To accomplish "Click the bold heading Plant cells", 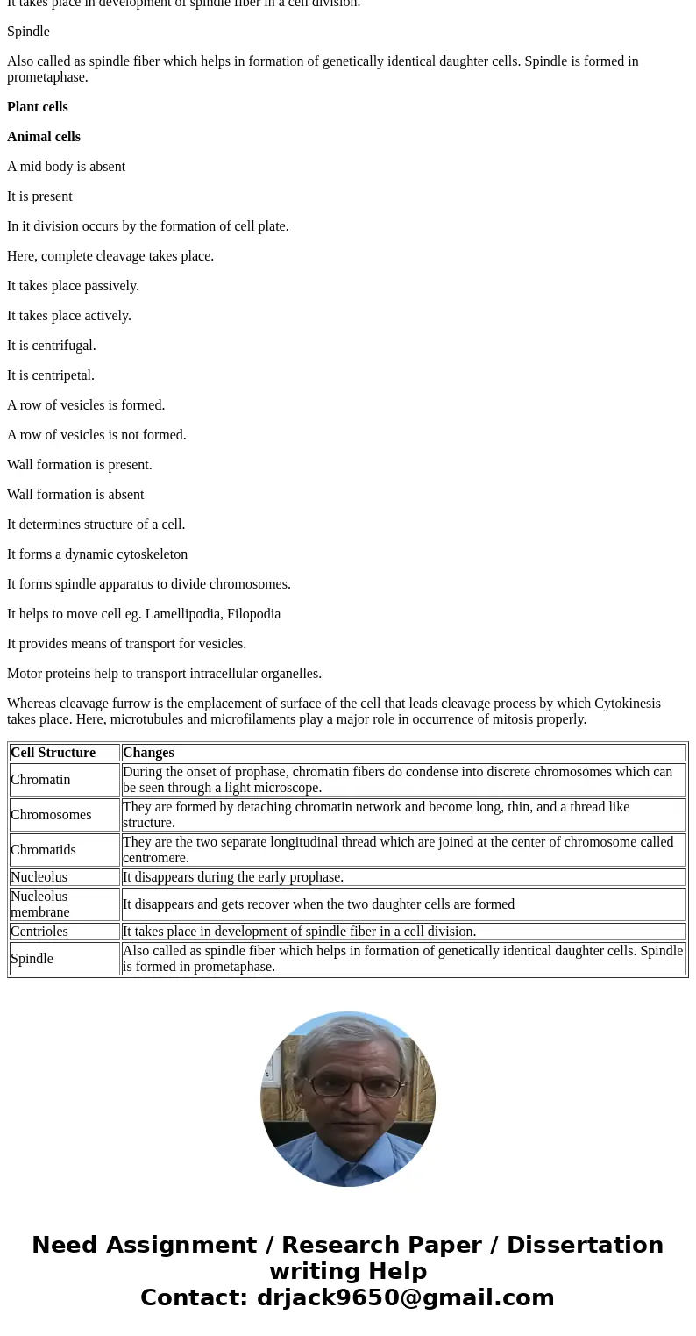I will [x=38, y=107].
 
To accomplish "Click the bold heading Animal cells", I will [x=44, y=137].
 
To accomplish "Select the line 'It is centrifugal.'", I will [x=52, y=346].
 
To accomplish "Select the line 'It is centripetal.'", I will [x=51, y=375].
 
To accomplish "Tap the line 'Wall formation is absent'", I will [x=75, y=495].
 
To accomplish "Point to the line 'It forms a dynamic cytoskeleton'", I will [x=97, y=554].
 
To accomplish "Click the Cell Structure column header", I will [x=53, y=753].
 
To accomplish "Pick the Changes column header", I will [x=148, y=753].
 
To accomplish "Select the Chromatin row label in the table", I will [x=40, y=780].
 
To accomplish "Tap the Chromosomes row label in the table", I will [x=51, y=815].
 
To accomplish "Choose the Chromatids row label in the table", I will [x=43, y=850].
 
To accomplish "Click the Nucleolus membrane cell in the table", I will [x=39, y=904].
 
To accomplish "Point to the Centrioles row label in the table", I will [x=39, y=932].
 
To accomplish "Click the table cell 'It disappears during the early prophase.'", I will [x=233, y=877].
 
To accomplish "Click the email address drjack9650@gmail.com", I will [x=405, y=1298].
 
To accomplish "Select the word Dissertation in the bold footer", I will [x=585, y=1246].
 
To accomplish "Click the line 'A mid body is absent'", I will [x=67, y=167].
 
